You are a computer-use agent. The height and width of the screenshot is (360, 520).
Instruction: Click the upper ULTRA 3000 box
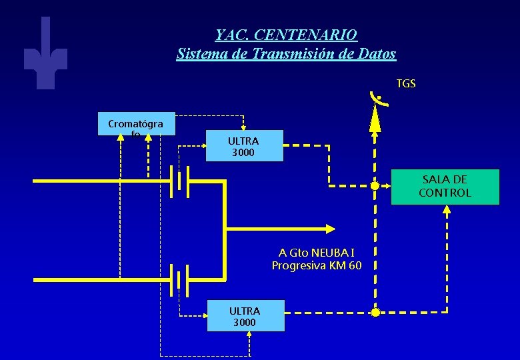click(x=244, y=147)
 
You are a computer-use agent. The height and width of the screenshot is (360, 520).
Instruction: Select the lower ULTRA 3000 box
click(x=245, y=316)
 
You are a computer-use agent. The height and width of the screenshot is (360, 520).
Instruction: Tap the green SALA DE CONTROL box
click(x=445, y=187)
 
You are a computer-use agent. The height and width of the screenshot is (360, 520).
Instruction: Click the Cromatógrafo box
click(x=135, y=124)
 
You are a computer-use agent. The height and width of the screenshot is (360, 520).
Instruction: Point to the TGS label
click(x=405, y=83)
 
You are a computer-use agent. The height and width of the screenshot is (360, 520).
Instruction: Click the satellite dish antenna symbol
click(x=377, y=107)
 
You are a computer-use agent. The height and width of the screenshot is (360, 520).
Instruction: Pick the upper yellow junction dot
click(x=375, y=186)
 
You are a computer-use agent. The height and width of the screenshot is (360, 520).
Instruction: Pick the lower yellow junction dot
click(x=375, y=312)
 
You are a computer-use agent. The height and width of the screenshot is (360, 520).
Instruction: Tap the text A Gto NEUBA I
click(x=317, y=253)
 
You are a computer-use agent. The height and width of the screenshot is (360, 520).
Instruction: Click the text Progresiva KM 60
click(x=317, y=265)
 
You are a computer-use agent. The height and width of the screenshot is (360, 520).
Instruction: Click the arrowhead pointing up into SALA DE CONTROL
click(x=447, y=209)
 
